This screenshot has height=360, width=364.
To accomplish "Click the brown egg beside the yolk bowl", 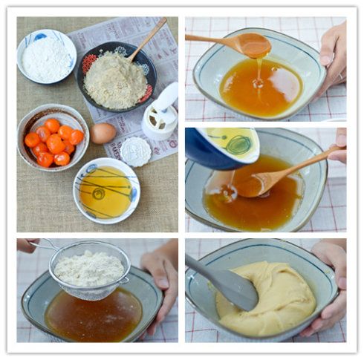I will click(x=103, y=133).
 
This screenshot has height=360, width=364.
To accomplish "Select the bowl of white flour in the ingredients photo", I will click(x=45, y=58).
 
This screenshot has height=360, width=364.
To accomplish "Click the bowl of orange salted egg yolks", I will click(x=53, y=139).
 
